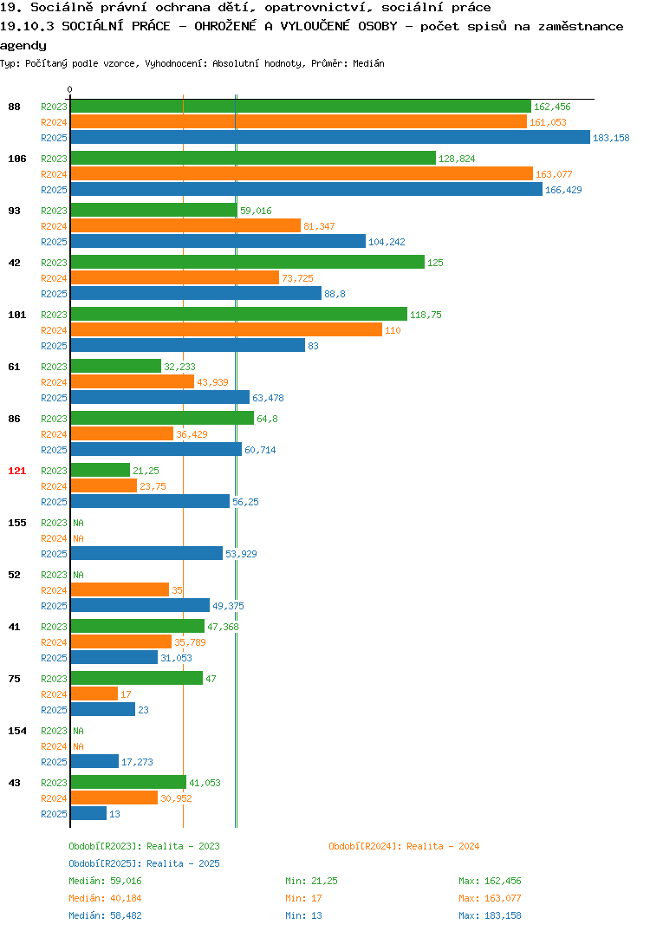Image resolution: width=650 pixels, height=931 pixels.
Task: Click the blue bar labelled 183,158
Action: pyautogui.click(x=331, y=137)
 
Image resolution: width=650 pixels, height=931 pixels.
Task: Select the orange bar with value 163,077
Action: pyautogui.click(x=302, y=173)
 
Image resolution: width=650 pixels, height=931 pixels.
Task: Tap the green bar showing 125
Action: pyautogui.click(x=248, y=262)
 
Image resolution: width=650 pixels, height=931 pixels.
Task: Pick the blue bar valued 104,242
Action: pyautogui.click(x=218, y=241)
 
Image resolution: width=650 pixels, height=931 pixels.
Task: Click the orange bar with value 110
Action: pyautogui.click(x=227, y=329)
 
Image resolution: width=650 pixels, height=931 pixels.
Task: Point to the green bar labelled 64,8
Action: pyautogui.click(x=163, y=418)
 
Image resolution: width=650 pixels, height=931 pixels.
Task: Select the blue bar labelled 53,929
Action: pyautogui.click(x=147, y=553)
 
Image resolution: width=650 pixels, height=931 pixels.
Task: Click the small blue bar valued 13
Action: pyautogui.click(x=89, y=813)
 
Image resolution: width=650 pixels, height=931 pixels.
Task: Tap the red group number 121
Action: pyautogui.click(x=17, y=471)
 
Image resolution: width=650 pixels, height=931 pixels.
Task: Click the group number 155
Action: pyautogui.click(x=17, y=523)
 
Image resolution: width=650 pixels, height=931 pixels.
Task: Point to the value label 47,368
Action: pyautogui.click(x=224, y=627)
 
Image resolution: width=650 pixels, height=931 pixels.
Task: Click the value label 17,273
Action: pyautogui.click(x=137, y=762)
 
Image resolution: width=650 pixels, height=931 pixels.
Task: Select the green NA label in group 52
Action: pyautogui.click(x=78, y=575)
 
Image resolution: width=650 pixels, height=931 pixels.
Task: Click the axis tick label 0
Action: pyautogui.click(x=70, y=89)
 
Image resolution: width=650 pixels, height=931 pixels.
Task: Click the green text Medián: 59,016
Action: pyautogui.click(x=105, y=881)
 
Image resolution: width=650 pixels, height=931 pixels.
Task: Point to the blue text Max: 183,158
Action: pyautogui.click(x=491, y=915)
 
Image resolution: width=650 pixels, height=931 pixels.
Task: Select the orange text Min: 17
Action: pyautogui.click(x=304, y=898)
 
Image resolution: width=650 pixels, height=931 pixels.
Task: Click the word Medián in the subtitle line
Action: pyautogui.click(x=368, y=63)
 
